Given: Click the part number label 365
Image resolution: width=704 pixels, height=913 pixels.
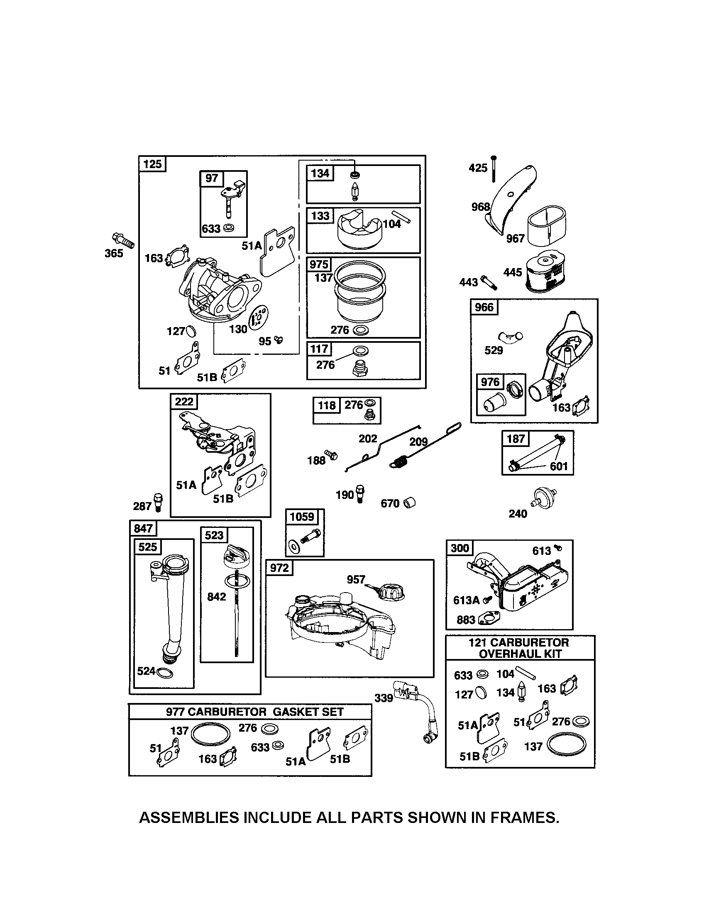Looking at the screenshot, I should point(114,253).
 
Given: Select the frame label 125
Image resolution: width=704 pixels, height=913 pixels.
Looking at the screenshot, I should point(152,164).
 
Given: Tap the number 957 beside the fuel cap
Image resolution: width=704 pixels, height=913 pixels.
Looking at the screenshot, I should point(356,579).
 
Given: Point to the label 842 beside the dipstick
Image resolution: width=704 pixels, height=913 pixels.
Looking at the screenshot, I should point(216,596).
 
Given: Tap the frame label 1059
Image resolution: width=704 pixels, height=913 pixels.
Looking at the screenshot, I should point(302,517).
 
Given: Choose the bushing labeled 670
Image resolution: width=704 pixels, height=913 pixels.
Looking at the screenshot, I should point(410,503).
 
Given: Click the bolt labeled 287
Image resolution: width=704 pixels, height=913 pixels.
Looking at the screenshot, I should point(159,502).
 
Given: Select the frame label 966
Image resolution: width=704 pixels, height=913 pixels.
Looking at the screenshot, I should point(484,307).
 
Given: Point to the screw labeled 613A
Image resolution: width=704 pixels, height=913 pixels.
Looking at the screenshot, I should point(486,600).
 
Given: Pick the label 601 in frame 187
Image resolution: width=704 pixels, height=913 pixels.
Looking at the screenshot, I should point(559,466).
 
